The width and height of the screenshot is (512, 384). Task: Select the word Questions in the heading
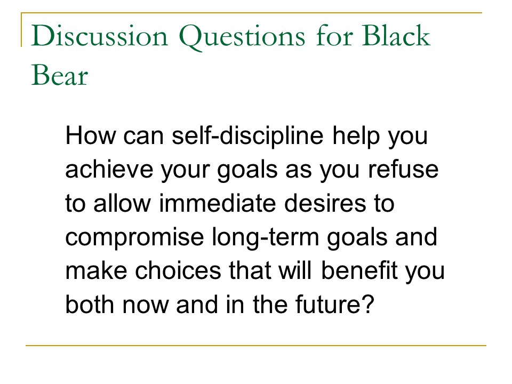pos(242,37)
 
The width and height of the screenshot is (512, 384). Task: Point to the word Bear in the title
pos(60,75)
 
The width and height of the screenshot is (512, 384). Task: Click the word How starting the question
pos(91,135)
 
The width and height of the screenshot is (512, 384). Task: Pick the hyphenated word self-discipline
pos(247,135)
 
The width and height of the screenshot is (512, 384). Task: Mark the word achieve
pos(109,169)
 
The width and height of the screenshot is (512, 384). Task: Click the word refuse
pos(403,169)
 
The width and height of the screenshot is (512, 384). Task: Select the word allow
pos(122,203)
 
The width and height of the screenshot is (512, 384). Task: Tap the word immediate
pos(218,203)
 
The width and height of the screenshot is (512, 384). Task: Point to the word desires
pos(325,203)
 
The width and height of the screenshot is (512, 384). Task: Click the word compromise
pos(134,238)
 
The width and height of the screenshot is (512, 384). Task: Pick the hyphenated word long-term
pos(266,238)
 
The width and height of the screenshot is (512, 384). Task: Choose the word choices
pos(178,270)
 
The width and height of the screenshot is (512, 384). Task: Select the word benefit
pos(359,270)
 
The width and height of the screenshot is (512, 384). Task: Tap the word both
pos(90,305)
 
